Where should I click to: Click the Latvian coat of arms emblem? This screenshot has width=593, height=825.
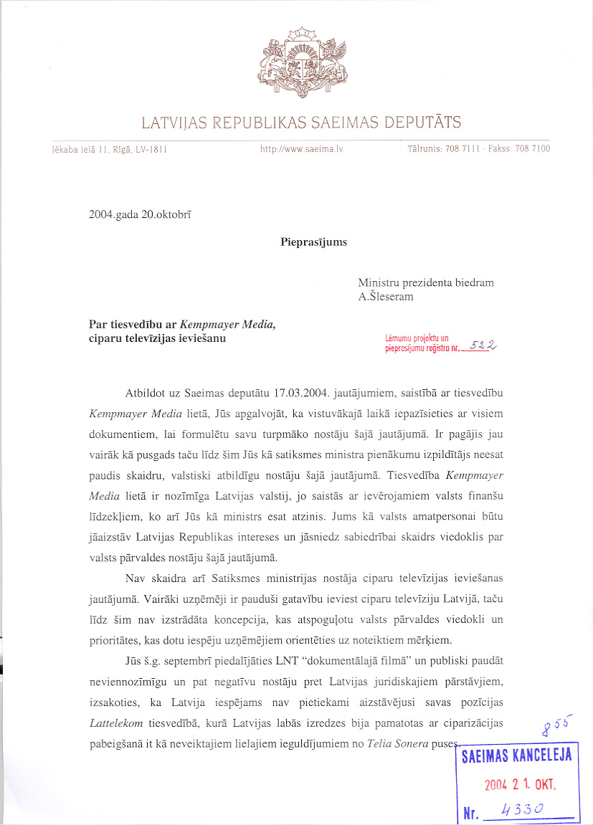[301, 64]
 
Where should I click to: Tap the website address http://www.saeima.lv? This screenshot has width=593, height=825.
[302, 149]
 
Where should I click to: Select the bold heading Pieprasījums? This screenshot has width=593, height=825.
[313, 242]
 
